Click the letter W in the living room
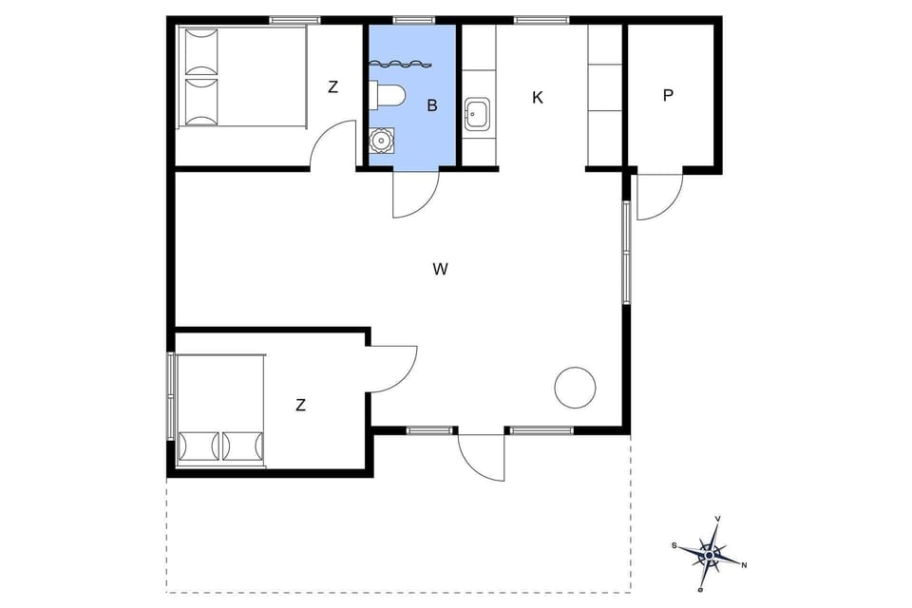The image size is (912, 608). pyautogui.click(x=440, y=270)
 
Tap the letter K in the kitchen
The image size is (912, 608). pyautogui.click(x=538, y=98)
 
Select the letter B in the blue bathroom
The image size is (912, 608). pyautogui.click(x=432, y=105)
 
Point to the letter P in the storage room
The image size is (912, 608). pyautogui.click(x=669, y=96)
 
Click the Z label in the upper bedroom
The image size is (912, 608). pyautogui.click(x=332, y=87)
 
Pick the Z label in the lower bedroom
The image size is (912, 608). pyautogui.click(x=300, y=406)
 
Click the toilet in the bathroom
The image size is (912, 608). pyautogui.click(x=389, y=94)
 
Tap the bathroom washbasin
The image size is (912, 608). pyautogui.click(x=381, y=141)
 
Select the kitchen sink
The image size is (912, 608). pyautogui.click(x=476, y=114)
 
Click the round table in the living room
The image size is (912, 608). pyautogui.click(x=575, y=388)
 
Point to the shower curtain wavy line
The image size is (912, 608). pyautogui.click(x=399, y=65)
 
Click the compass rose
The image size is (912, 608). pyautogui.click(x=709, y=552)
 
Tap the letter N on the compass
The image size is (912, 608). pyautogui.click(x=744, y=565)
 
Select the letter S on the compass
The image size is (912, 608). pyautogui.click(x=674, y=545)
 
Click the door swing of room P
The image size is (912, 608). pyautogui.click(x=657, y=196)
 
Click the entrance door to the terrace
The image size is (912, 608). pyautogui.click(x=481, y=458)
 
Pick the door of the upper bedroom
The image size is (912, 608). pyautogui.click(x=332, y=146)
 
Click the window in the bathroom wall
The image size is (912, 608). pyautogui.click(x=413, y=19)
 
